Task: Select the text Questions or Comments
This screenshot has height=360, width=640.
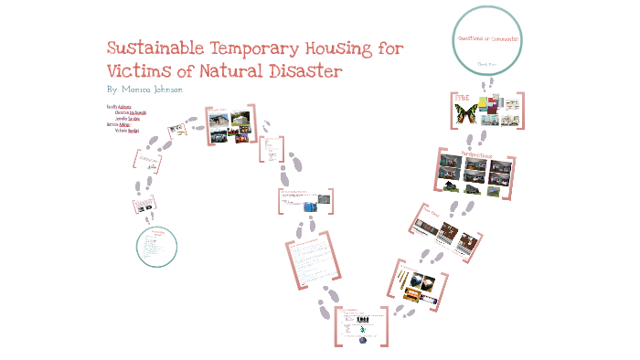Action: tap(487, 39)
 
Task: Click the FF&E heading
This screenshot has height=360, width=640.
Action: tap(462, 96)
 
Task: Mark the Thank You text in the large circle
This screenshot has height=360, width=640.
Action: tap(487, 64)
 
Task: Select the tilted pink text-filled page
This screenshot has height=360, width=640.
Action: tap(306, 263)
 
